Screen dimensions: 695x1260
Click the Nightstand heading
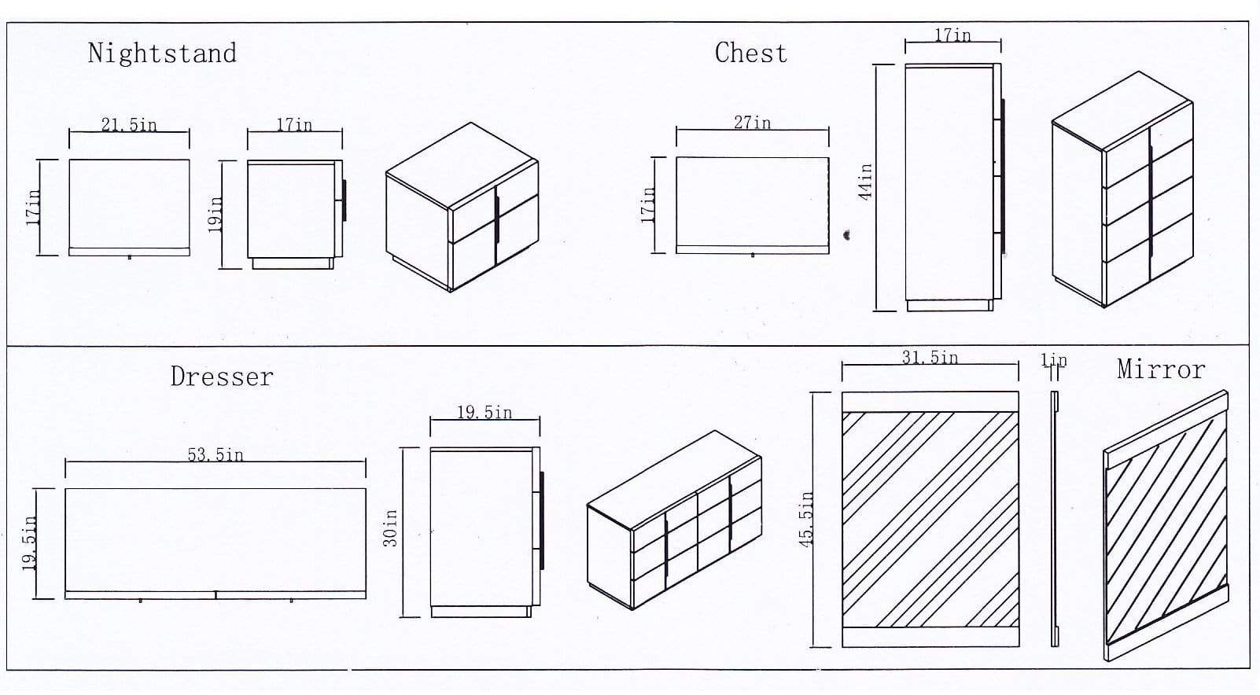coord(162,53)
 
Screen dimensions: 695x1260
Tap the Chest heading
coord(750,53)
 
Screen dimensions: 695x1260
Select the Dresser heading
coord(222,377)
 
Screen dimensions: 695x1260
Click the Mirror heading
coord(1160,370)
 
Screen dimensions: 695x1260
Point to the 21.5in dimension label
coord(129,125)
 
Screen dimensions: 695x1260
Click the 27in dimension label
coord(753,123)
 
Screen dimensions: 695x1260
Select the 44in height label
coord(865,182)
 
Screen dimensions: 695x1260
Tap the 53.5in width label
coord(216,454)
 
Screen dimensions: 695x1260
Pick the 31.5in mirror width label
coord(930,358)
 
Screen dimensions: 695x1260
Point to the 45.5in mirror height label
coord(805,520)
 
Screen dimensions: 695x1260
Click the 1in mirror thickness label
coord(1054,360)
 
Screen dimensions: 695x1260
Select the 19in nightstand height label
coord(214,213)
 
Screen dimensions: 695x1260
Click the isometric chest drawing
coord(1122,189)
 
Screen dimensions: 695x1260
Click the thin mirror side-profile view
coord(1055,519)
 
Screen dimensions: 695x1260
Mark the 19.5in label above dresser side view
coord(484,413)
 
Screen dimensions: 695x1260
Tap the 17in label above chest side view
coord(952,35)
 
